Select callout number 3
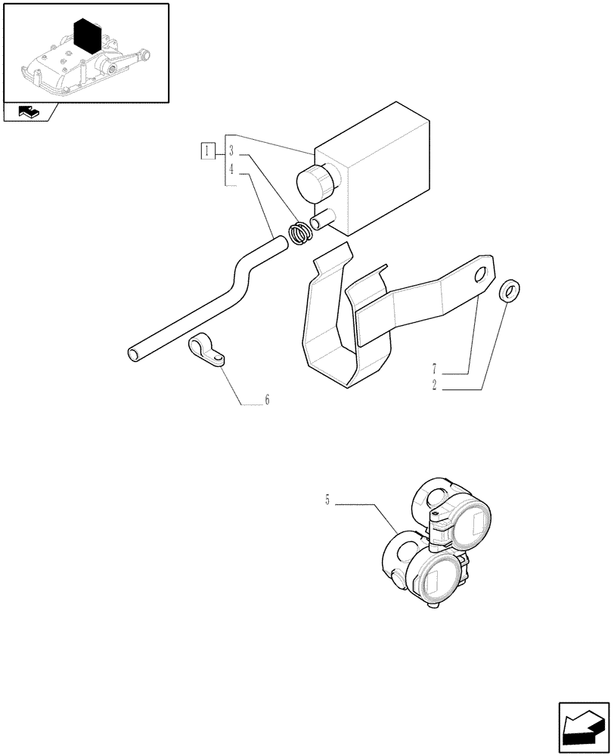tap(233, 150)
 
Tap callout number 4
tap(233, 169)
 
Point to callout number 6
tap(266, 400)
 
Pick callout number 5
tap(327, 500)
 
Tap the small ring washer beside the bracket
tap(512, 290)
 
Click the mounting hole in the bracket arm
tap(479, 277)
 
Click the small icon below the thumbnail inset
tap(29, 113)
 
